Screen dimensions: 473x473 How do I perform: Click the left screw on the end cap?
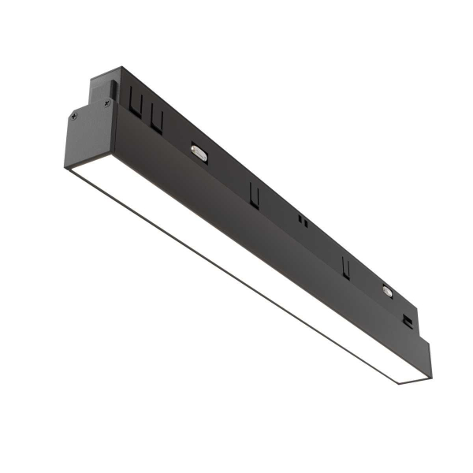pos(74,116)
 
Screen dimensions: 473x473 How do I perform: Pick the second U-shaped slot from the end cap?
pos(157,119)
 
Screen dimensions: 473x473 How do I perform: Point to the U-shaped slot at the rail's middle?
pos(254,194)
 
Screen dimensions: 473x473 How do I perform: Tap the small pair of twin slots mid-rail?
pos(301,222)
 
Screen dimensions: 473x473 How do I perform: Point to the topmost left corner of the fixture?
pos(91,76)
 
